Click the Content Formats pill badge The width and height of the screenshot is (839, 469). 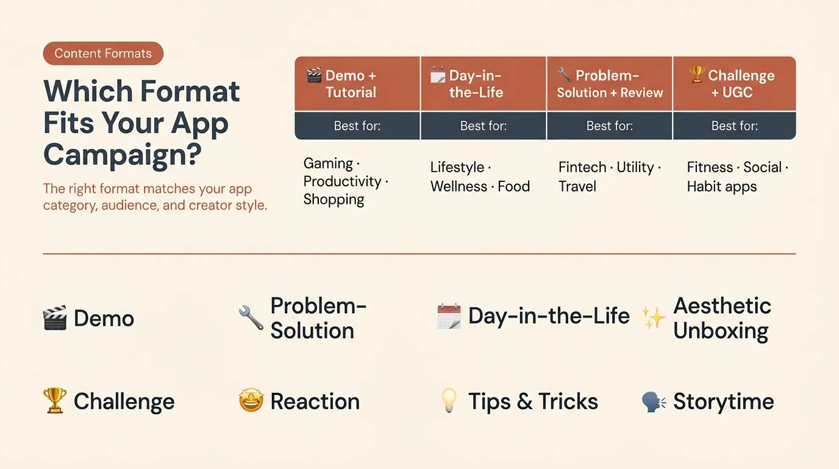click(103, 54)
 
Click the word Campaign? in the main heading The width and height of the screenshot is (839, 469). click(123, 154)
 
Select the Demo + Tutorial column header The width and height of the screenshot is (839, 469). click(357, 84)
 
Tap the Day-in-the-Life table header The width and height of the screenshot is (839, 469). click(484, 84)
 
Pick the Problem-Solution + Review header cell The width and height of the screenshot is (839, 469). click(610, 84)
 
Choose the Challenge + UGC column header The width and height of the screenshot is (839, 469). click(734, 84)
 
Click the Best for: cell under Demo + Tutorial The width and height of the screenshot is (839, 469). click(357, 126)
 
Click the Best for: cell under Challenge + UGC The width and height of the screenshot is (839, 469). click(734, 126)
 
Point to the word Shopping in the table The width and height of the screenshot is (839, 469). click(334, 200)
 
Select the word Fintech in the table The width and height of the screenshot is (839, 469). click(582, 167)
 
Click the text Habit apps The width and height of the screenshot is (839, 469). click(721, 187)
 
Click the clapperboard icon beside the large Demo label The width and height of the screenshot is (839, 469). click(55, 318)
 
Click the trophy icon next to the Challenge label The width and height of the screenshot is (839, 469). click(55, 401)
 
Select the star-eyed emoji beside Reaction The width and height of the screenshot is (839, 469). click(251, 401)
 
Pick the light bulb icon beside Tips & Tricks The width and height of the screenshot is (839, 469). click(449, 401)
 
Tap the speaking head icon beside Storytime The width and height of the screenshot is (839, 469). click(654, 401)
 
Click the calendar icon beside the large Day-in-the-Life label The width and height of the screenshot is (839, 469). click(449, 317)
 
